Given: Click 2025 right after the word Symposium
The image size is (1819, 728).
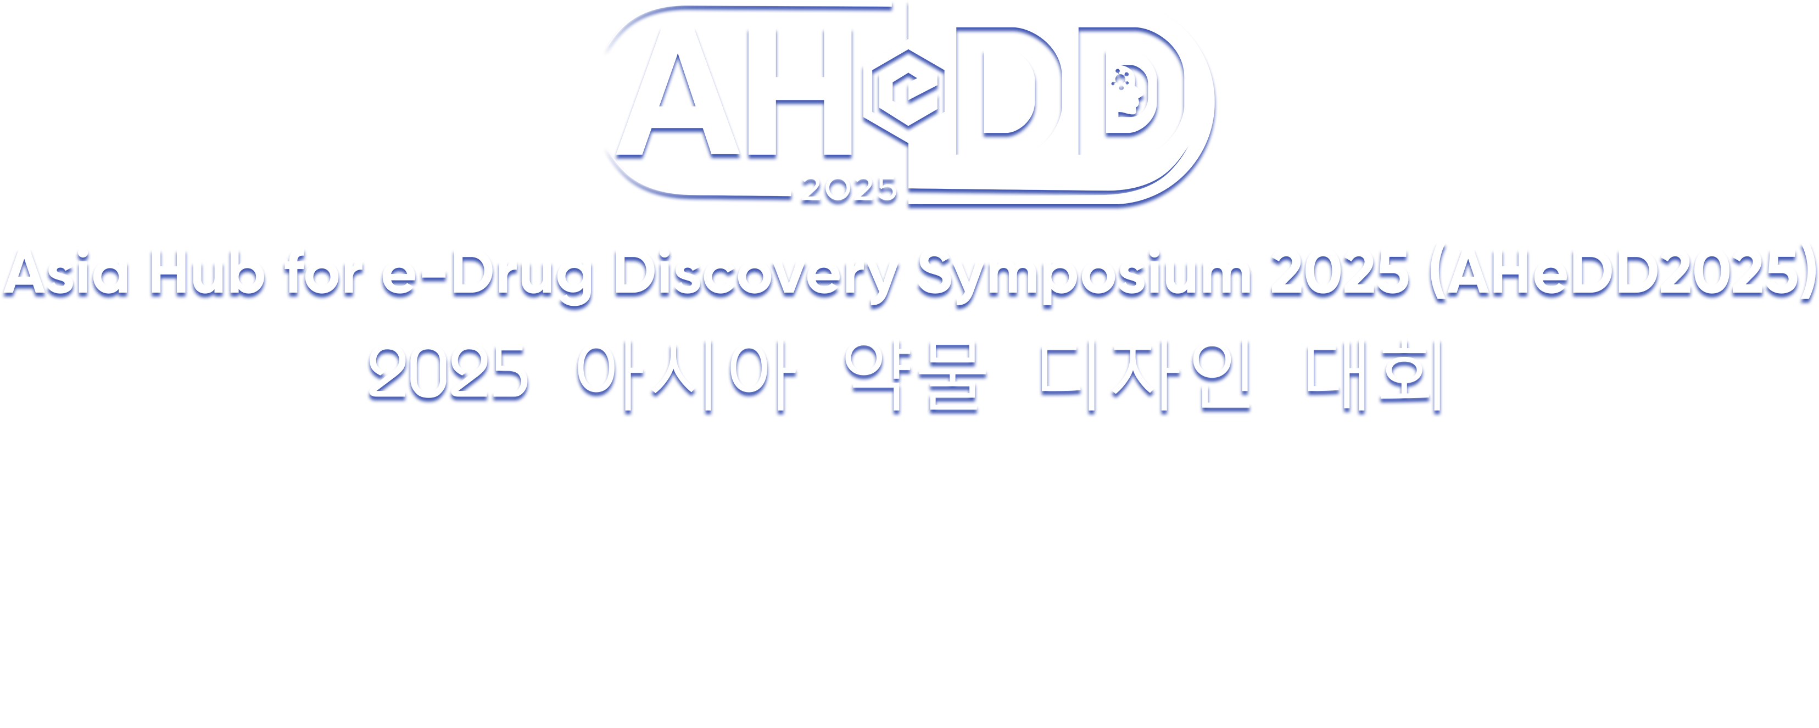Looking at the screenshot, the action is (1339, 275).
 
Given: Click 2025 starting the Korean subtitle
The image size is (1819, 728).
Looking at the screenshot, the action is (448, 375).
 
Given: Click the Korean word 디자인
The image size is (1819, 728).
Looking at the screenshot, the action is (1144, 378).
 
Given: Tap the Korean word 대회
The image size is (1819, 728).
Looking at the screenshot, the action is (1374, 378).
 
